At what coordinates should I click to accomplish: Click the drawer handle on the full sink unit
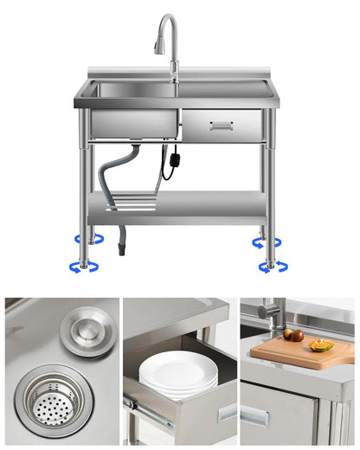[x=221, y=126]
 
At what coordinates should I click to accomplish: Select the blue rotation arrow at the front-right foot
[x=271, y=267]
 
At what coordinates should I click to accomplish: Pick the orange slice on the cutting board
[x=321, y=345]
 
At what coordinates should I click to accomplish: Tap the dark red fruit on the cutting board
[x=297, y=335]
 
